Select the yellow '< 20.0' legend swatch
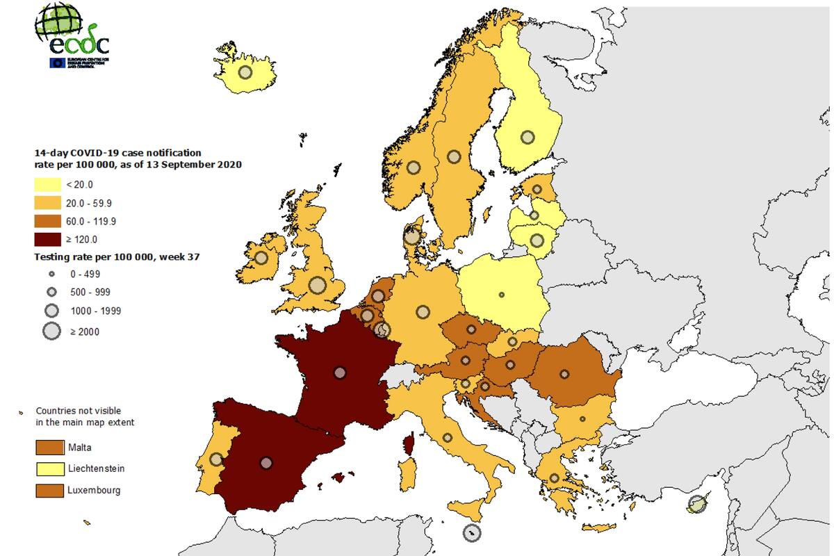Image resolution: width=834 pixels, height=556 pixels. point(47,184)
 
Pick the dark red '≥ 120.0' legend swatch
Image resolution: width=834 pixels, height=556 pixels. point(47,239)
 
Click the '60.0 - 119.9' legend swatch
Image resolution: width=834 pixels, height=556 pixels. point(47,221)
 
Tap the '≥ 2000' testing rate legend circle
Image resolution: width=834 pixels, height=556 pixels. point(52,332)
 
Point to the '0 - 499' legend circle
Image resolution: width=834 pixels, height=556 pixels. point(52,274)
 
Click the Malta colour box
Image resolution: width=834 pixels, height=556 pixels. point(49,447)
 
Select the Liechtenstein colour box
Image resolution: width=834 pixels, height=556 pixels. point(49,468)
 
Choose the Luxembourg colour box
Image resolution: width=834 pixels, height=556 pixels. point(49,490)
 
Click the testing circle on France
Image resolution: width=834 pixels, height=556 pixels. point(339,373)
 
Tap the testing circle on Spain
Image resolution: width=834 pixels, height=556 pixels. point(266,462)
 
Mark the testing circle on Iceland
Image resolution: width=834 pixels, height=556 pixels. point(245,72)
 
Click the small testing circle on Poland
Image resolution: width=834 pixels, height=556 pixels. point(502,295)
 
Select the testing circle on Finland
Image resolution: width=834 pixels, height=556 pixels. point(528,137)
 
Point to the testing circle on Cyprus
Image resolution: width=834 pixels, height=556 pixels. point(696,505)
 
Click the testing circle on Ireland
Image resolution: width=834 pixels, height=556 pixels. point(261,257)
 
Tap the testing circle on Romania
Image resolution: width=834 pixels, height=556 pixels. point(564,374)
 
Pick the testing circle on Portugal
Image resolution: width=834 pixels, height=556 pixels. point(216,459)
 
